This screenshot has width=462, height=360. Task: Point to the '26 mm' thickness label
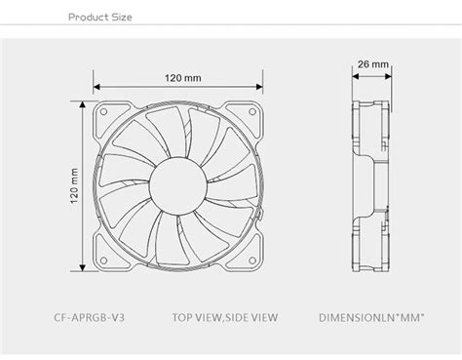(x=373, y=65)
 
